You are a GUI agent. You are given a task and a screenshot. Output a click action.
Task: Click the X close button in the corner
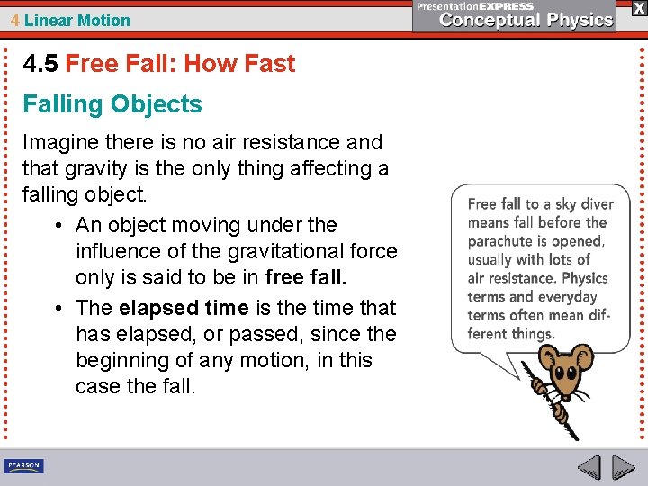pyautogui.click(x=638, y=8)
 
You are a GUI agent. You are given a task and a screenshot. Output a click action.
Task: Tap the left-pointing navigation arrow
pyautogui.click(x=589, y=468)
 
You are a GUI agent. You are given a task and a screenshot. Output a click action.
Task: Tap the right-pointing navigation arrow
pyautogui.click(x=624, y=468)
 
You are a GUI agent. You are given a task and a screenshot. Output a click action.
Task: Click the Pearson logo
pyautogui.click(x=23, y=466)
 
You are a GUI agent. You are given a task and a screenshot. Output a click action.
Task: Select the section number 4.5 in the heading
pyautogui.click(x=40, y=64)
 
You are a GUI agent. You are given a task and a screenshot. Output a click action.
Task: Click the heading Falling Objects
pyautogui.click(x=112, y=104)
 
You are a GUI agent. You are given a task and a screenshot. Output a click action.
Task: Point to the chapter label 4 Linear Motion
pyautogui.click(x=70, y=20)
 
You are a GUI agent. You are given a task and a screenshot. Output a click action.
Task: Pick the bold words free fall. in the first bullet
pyautogui.click(x=307, y=277)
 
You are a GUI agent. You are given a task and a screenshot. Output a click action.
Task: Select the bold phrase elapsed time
pyautogui.click(x=184, y=308)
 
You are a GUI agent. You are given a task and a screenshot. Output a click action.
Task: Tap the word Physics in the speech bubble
pyautogui.click(x=584, y=278)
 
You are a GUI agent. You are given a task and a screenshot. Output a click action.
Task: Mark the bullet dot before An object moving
pyautogui.click(x=58, y=225)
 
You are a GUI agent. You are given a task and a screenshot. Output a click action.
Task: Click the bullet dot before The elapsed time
pyautogui.click(x=58, y=308)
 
